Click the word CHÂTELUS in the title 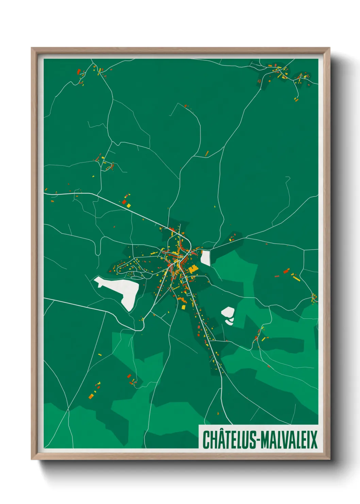tap(229, 439)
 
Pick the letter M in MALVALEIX tap(267, 439)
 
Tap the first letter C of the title tap(206, 439)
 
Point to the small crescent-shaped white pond tap(230, 321)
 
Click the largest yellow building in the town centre tap(193, 269)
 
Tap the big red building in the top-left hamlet tap(79, 72)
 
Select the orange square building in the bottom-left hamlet tap(91, 396)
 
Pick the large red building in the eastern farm tap(286, 271)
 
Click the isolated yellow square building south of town tap(183, 308)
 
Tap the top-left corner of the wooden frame tap(32, 48)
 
